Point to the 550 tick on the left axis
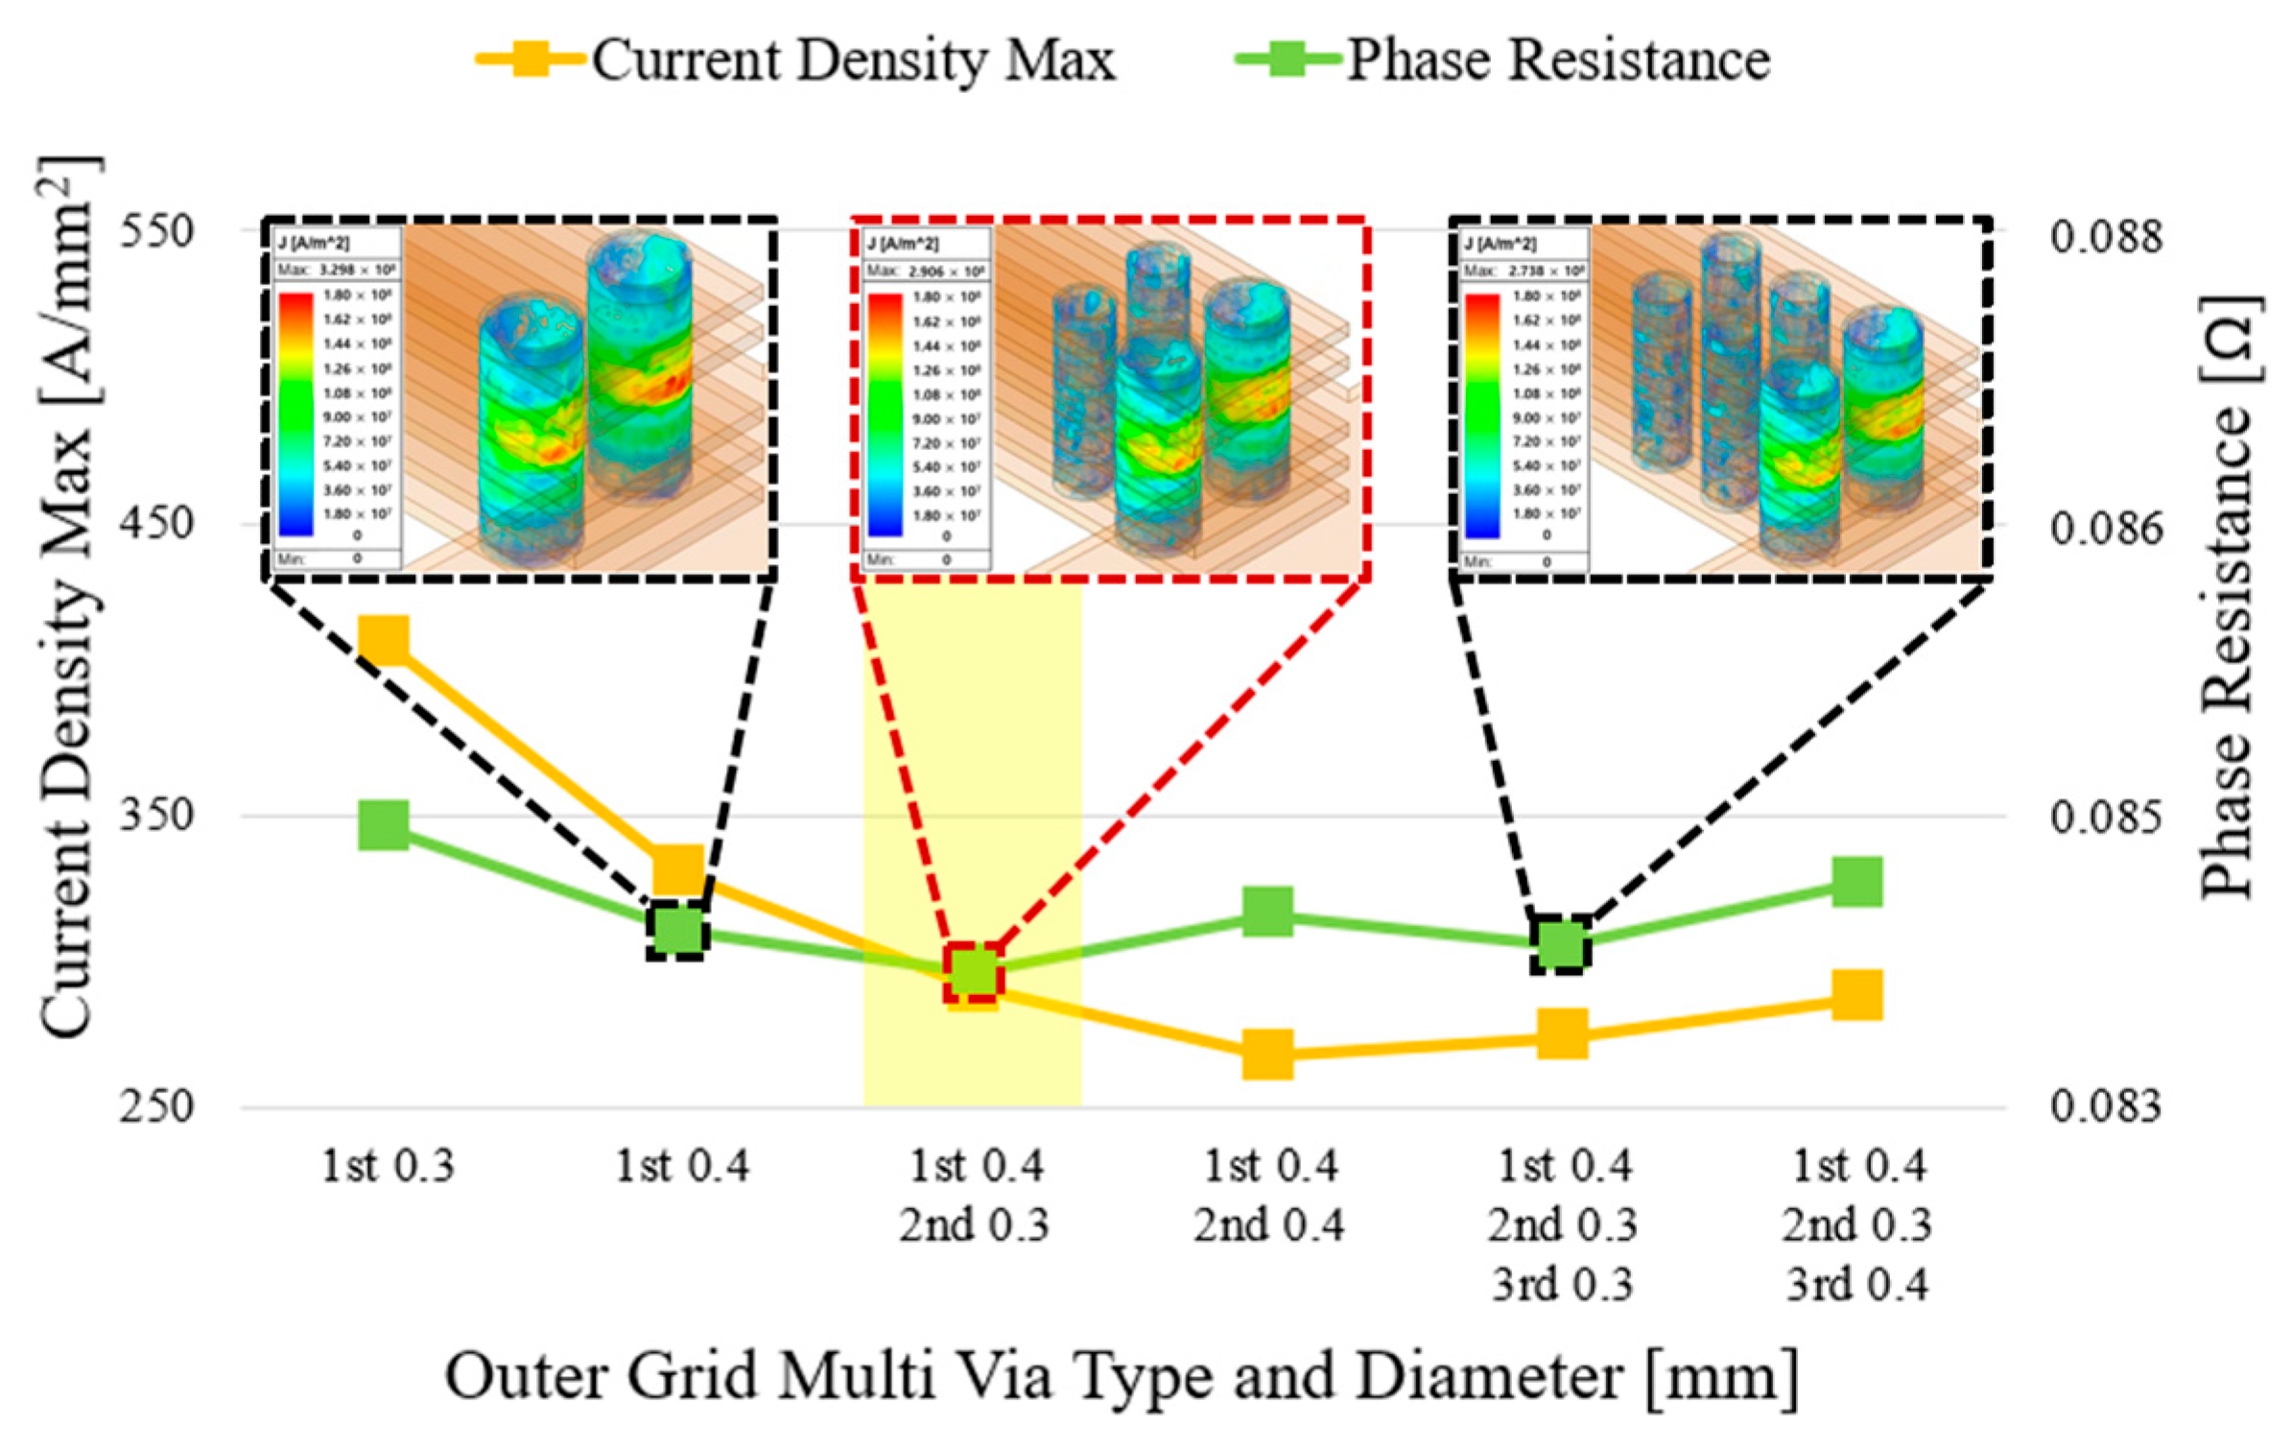(156, 231)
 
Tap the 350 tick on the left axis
(156, 816)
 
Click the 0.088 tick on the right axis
(2107, 236)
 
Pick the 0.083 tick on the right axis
(2107, 1106)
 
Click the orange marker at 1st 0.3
(384, 640)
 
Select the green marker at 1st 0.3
(384, 824)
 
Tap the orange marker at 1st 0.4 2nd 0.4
(1267, 1056)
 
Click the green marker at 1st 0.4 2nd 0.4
(1267, 911)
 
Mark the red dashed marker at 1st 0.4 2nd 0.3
(973, 972)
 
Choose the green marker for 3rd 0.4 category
(1856, 882)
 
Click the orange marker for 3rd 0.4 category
(1856, 995)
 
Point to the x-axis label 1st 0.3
(388, 1168)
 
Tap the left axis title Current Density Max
(67, 595)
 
